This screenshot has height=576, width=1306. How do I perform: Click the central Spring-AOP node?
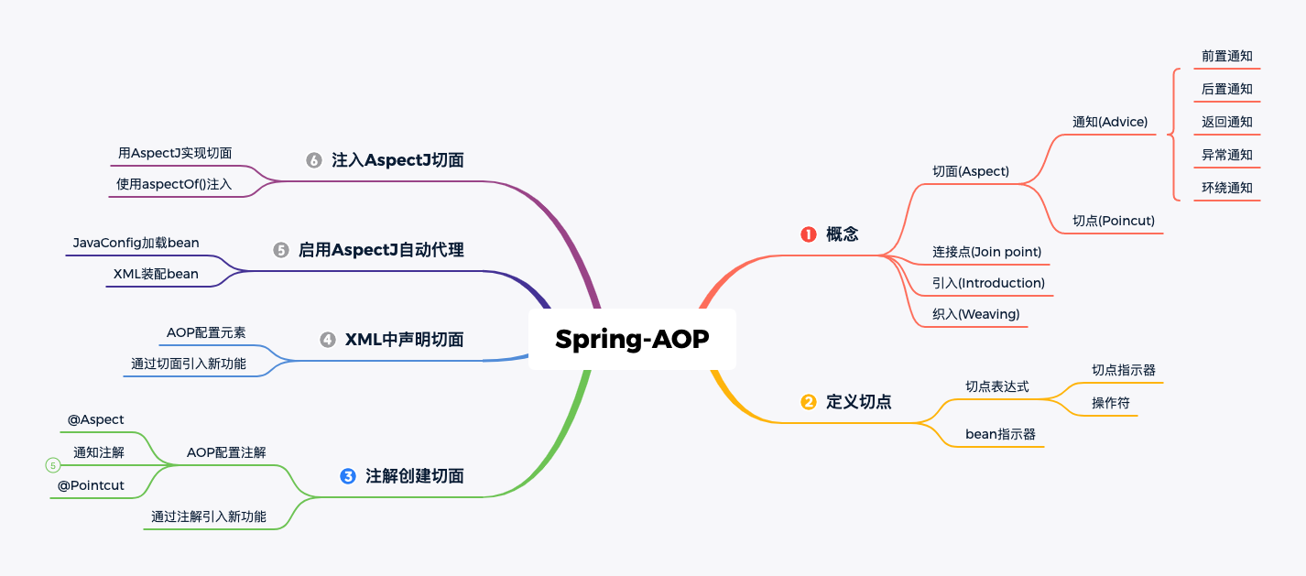click(632, 340)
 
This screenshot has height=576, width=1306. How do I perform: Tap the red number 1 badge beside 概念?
click(808, 234)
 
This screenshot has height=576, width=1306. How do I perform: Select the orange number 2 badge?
click(808, 402)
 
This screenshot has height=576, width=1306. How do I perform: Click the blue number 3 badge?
click(347, 476)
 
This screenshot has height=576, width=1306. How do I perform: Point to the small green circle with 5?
click(53, 465)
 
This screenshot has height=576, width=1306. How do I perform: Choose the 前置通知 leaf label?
click(1226, 56)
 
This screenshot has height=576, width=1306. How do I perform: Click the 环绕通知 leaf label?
click(1226, 188)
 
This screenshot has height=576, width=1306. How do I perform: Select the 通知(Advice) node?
click(1110, 122)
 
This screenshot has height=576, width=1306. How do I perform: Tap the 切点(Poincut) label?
click(1114, 221)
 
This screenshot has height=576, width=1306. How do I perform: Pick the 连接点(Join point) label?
click(986, 252)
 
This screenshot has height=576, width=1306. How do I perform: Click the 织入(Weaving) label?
click(976, 314)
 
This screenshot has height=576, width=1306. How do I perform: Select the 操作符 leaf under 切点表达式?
click(1111, 403)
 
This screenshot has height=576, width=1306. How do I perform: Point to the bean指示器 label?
click(1000, 434)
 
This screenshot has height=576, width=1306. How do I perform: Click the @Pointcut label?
click(91, 485)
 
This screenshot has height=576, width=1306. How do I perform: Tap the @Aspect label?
click(95, 419)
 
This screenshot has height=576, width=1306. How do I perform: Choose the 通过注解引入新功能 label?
click(209, 516)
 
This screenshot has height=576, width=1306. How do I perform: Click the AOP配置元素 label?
click(206, 333)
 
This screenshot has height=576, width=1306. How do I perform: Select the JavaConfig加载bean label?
click(136, 243)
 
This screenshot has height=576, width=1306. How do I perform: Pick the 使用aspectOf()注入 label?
click(174, 184)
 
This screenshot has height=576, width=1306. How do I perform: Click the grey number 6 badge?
click(314, 160)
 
